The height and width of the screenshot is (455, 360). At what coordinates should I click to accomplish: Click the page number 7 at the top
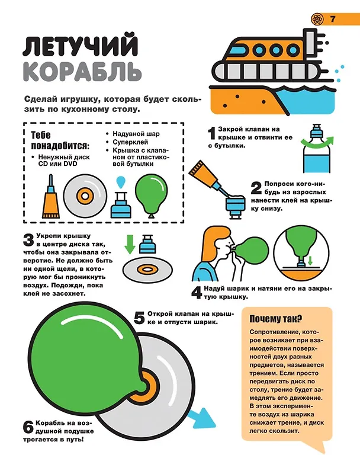click(332, 19)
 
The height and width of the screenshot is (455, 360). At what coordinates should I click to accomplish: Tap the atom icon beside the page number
click(317, 19)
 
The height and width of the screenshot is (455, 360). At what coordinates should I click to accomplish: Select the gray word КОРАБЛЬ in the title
click(82, 71)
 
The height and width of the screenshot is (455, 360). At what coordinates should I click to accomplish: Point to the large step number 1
click(212, 133)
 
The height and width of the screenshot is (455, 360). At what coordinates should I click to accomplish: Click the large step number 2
click(256, 188)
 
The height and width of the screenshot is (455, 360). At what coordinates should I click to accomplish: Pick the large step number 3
click(28, 240)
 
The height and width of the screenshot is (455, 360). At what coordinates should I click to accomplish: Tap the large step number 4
click(197, 292)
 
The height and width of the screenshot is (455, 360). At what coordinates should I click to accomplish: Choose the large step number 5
click(139, 318)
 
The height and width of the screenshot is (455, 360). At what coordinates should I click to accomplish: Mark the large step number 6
click(28, 427)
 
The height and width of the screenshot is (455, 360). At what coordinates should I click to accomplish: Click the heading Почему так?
click(276, 319)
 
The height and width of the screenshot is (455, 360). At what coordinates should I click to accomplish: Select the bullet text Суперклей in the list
click(130, 142)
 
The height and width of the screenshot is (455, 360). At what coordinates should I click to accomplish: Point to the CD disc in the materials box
click(85, 196)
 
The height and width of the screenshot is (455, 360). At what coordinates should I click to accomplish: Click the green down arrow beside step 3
click(130, 244)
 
